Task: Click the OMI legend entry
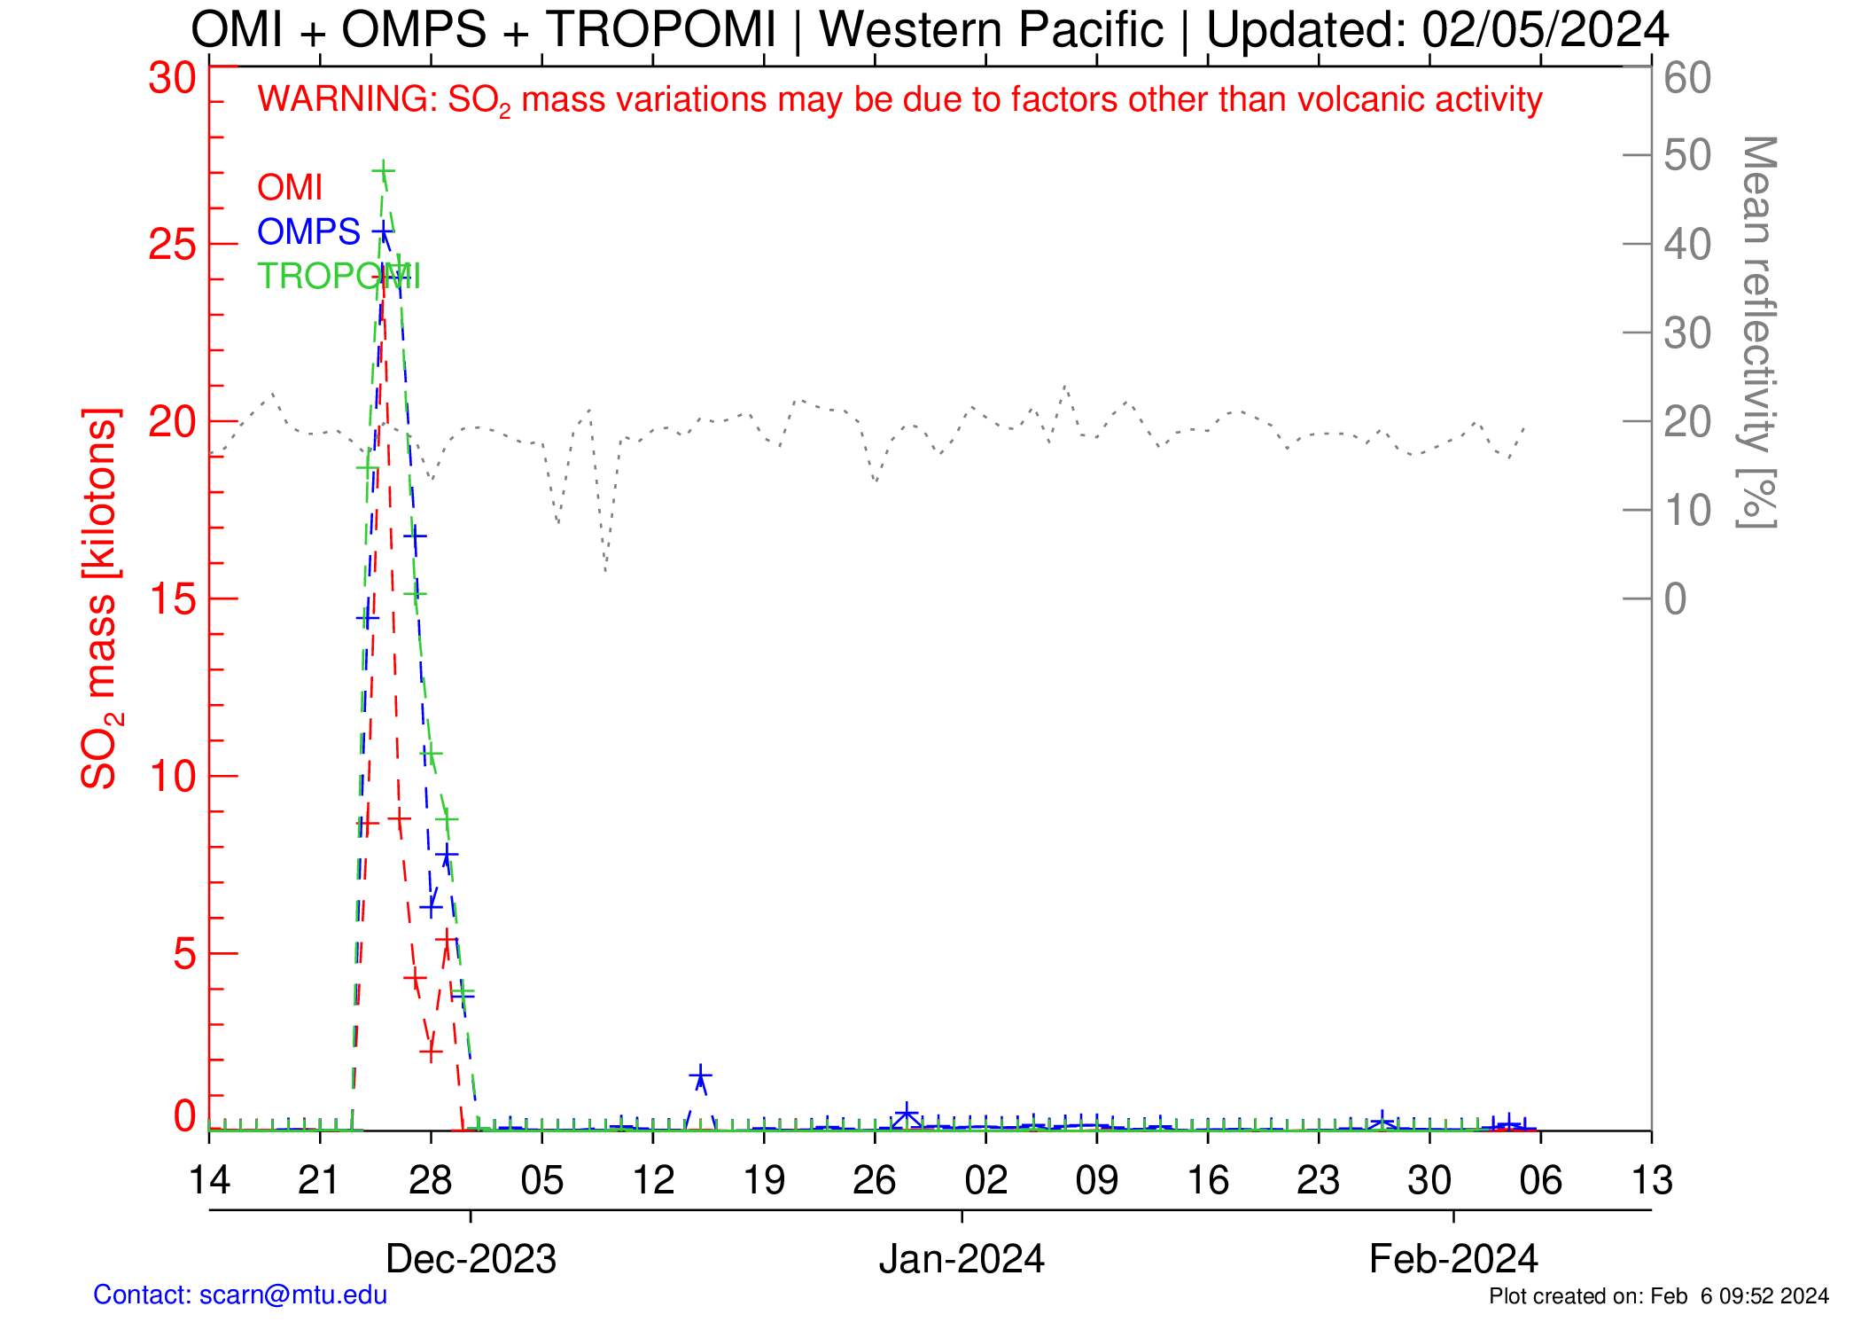pyautogui.click(x=289, y=188)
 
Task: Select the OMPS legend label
pyautogui.click(x=308, y=232)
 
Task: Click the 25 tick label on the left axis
pyautogui.click(x=172, y=245)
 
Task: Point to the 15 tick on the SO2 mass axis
pyautogui.click(x=172, y=599)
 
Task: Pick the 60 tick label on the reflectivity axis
pyautogui.click(x=1687, y=78)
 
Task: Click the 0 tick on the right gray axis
pyautogui.click(x=1675, y=599)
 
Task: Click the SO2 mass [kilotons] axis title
pyautogui.click(x=99, y=599)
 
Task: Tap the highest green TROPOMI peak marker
pyautogui.click(x=383, y=170)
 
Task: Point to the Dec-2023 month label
pyautogui.click(x=471, y=1259)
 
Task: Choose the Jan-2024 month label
pyautogui.click(x=962, y=1259)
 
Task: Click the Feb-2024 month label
pyautogui.click(x=1453, y=1259)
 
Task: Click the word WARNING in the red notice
pyautogui.click(x=346, y=99)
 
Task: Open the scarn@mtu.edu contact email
pyautogui.click(x=293, y=1295)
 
